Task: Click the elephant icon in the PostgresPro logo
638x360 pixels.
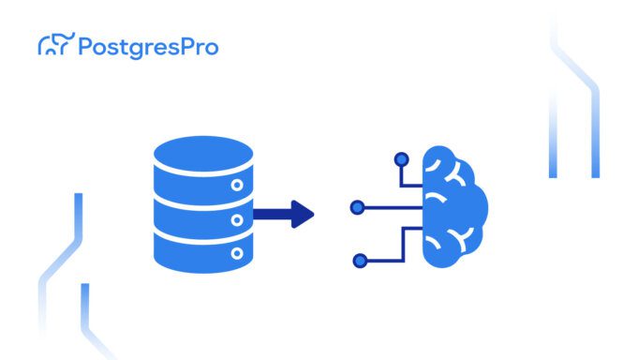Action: tap(53, 44)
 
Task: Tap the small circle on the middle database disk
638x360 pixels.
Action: tap(236, 219)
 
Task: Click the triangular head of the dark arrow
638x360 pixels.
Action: tap(302, 213)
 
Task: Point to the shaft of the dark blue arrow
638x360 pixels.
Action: tap(272, 213)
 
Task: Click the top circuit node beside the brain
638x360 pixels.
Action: tap(401, 159)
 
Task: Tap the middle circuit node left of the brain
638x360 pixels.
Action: tap(356, 207)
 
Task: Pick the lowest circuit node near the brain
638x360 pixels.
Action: tap(359, 261)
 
